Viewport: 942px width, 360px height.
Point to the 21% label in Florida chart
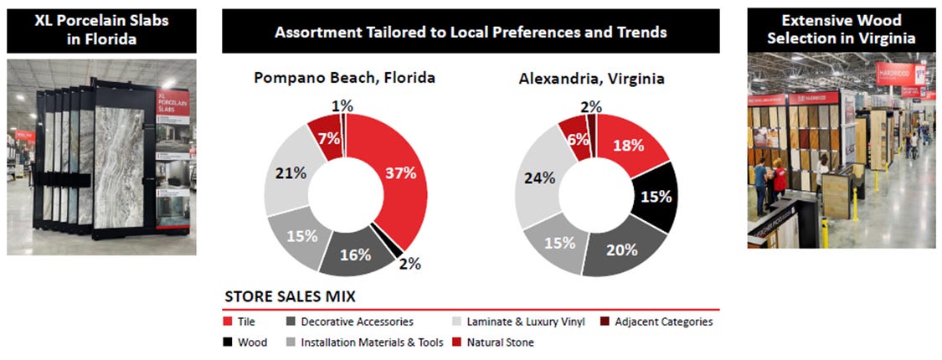[286, 172]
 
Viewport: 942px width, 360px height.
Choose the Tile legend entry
[245, 321]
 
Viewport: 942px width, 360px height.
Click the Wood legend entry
[250, 342]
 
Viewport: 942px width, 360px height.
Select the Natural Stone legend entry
[501, 342]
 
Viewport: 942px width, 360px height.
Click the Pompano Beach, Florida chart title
[344, 79]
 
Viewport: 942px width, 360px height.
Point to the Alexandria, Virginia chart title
[591, 79]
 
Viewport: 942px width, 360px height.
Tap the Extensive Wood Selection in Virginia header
[841, 30]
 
